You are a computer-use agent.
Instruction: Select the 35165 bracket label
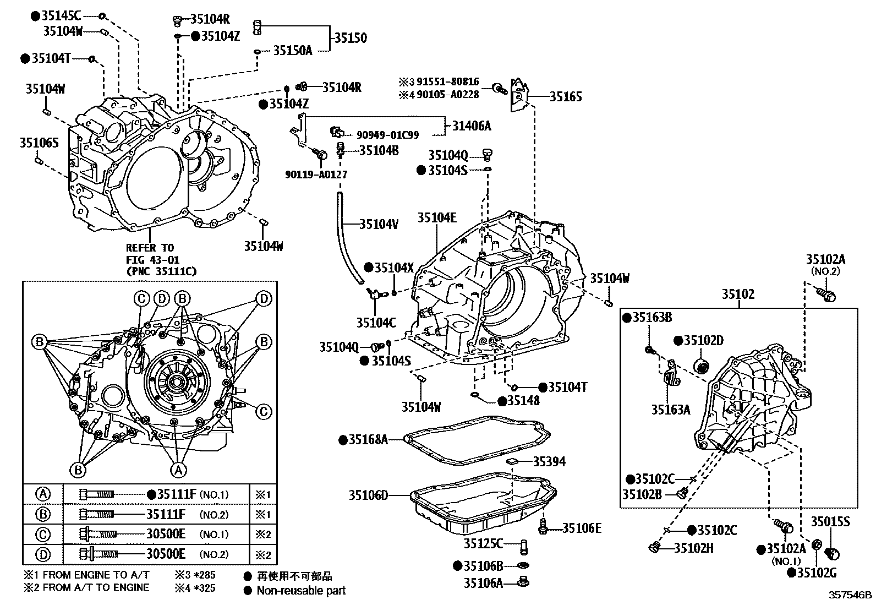click(x=566, y=97)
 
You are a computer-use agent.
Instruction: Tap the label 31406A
click(x=472, y=126)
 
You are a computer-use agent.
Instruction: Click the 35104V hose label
click(x=379, y=224)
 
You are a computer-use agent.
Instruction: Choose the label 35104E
click(x=437, y=217)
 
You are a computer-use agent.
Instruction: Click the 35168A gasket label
click(x=368, y=439)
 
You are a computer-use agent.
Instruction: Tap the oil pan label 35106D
click(x=368, y=495)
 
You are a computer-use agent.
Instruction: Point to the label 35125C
click(x=483, y=544)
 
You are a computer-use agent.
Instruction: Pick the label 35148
click(x=523, y=401)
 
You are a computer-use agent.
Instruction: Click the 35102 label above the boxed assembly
click(x=738, y=295)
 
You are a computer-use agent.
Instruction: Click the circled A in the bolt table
click(x=43, y=494)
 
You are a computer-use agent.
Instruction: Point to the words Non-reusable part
click(x=302, y=591)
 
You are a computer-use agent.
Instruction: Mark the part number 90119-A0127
click(x=316, y=175)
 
